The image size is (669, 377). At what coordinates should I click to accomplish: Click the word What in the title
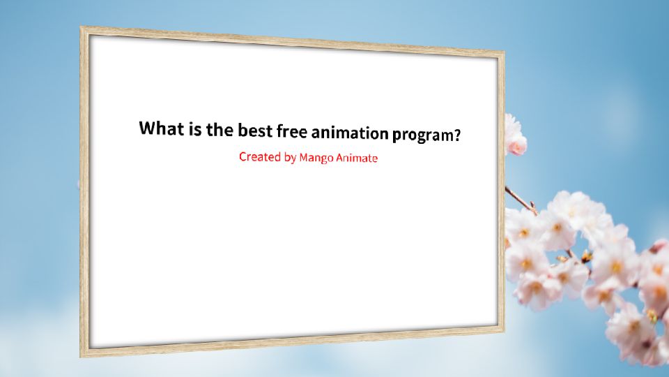pyautogui.click(x=161, y=128)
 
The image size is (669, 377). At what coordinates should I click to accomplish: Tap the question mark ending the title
pyautogui.click(x=457, y=135)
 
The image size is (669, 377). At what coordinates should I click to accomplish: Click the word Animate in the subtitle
pyautogui.click(x=357, y=158)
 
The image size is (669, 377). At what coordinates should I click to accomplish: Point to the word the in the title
pyautogui.click(x=222, y=129)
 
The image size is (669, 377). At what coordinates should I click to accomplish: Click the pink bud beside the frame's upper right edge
pyautogui.click(x=516, y=145)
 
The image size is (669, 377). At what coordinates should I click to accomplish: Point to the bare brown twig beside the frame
pyautogui.click(x=521, y=200)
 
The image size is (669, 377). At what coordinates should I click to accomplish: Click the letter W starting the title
pyautogui.click(x=148, y=128)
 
